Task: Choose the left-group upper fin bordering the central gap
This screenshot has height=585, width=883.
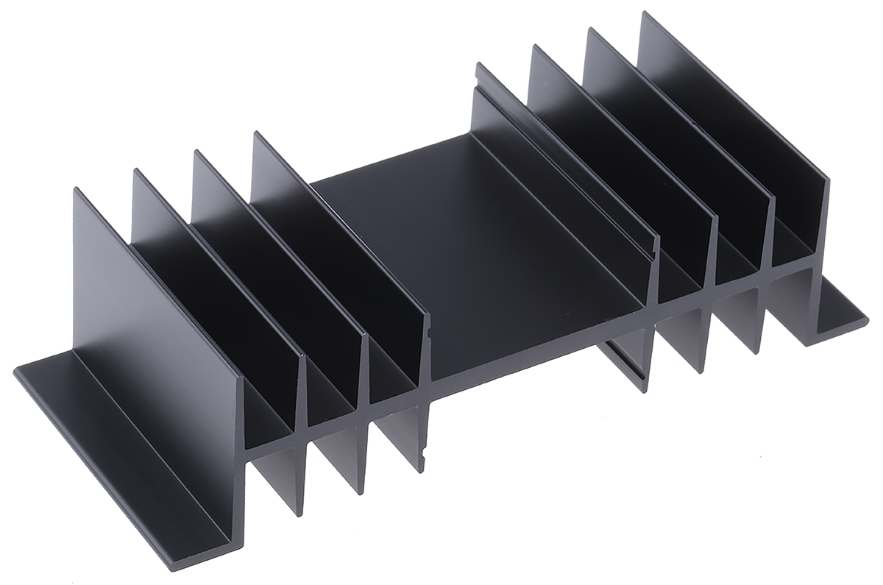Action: coord(338,235)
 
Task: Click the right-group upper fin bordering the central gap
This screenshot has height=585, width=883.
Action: coord(567,184)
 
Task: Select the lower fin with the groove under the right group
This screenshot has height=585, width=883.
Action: coord(629,361)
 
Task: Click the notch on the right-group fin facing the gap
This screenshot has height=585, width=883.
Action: coord(650,250)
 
